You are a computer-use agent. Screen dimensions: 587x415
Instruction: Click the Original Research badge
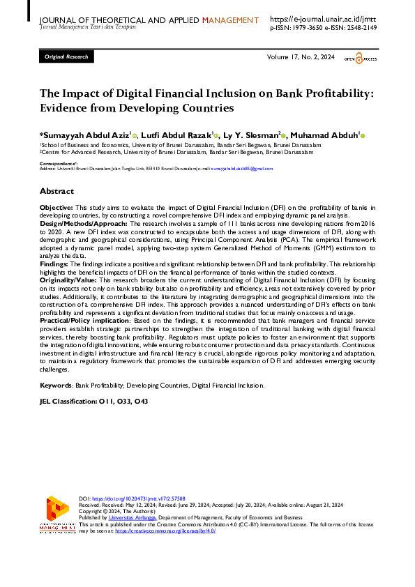tap(66, 56)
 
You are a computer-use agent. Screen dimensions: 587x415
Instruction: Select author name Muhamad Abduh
tap(326, 135)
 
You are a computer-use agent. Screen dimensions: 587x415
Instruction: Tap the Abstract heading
tap(56, 190)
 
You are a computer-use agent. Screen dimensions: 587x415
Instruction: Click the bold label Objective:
tap(56, 208)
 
